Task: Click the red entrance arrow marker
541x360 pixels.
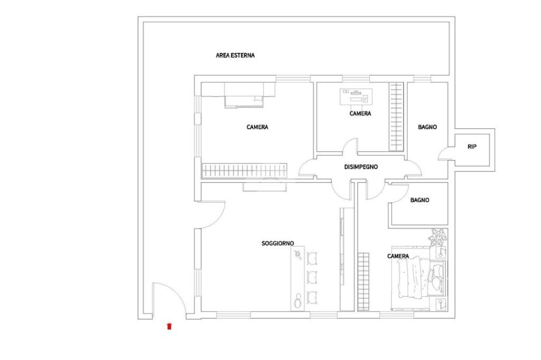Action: (169, 326)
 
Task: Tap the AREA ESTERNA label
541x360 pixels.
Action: (235, 55)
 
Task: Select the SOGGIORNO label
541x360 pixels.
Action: (278, 243)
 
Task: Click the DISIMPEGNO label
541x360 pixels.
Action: (361, 167)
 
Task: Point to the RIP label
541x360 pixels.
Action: (472, 147)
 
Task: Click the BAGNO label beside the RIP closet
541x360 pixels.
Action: (427, 127)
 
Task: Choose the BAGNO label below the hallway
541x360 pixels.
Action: (420, 200)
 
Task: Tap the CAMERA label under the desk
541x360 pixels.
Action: (360, 113)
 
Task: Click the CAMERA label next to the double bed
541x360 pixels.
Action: (398, 256)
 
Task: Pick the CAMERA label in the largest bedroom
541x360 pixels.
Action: (257, 127)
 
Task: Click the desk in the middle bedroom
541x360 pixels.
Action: (356, 97)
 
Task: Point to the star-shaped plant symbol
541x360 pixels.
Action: (437, 236)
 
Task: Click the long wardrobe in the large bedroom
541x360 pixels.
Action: (244, 170)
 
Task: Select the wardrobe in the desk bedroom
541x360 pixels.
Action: (396, 117)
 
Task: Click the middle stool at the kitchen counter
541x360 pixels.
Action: (312, 277)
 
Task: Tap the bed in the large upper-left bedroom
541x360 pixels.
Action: (244, 95)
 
